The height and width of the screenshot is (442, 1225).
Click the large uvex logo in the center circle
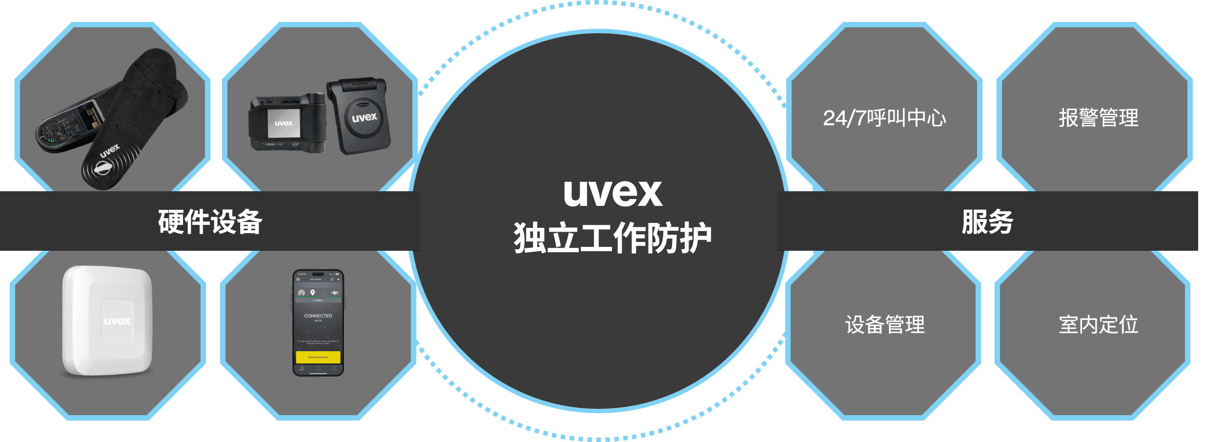612,193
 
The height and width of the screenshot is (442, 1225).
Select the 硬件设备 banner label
210,221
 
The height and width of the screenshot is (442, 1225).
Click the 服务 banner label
987,221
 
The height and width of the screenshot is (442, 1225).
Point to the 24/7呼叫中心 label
884,118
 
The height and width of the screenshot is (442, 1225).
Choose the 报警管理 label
1098,118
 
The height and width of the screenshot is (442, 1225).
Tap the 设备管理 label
884,325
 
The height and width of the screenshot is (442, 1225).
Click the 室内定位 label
1098,325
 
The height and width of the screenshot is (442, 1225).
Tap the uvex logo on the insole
109,151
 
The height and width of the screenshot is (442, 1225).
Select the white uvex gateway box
107,321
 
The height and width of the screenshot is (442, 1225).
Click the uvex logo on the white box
117,321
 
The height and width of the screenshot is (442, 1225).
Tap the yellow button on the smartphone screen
318,357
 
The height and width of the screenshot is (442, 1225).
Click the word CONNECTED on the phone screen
318,316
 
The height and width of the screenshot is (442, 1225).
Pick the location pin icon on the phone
313,293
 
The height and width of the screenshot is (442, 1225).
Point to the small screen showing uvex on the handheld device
283,123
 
